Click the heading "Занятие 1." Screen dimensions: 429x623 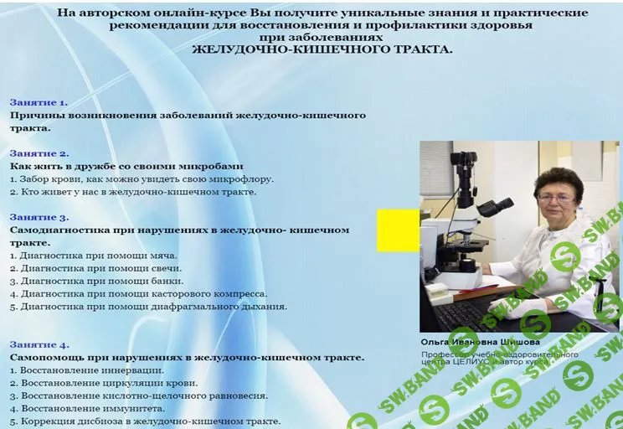[39, 102]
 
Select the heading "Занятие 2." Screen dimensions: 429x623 [39, 153]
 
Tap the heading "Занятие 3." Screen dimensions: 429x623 [39, 217]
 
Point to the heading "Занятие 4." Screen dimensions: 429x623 [39, 344]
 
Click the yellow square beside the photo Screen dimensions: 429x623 [398, 230]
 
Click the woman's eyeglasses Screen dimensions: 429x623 [557, 197]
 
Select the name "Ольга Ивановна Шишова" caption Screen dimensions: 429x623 [480, 342]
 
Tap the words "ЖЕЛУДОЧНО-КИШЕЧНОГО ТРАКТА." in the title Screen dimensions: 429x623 [322, 49]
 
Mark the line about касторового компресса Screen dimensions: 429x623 [138, 293]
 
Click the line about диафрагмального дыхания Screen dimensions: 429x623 [148, 306]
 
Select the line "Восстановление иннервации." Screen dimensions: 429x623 [87, 370]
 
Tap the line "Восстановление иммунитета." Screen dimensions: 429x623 [89, 408]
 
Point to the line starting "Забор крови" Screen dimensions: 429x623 [142, 178]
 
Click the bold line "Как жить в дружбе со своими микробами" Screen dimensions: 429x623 [126, 166]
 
